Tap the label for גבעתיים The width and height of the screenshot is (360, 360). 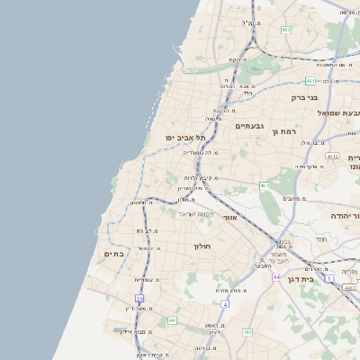pos(249,126)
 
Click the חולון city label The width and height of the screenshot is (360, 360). pos(201,246)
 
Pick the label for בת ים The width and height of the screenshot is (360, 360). pos(113,255)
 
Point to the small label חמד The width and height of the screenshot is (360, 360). pos(321,239)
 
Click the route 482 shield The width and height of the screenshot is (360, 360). pos(286,31)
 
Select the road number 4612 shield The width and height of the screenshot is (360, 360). pos(332,156)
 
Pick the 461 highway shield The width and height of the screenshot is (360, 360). pos(264,186)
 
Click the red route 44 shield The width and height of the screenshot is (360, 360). pos(276,276)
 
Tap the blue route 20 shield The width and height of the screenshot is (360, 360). pos(139,298)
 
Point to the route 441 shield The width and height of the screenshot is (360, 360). pos(171,319)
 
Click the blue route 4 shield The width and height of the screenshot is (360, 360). pos(225,303)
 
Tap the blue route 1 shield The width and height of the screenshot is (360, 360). pos(329,279)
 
